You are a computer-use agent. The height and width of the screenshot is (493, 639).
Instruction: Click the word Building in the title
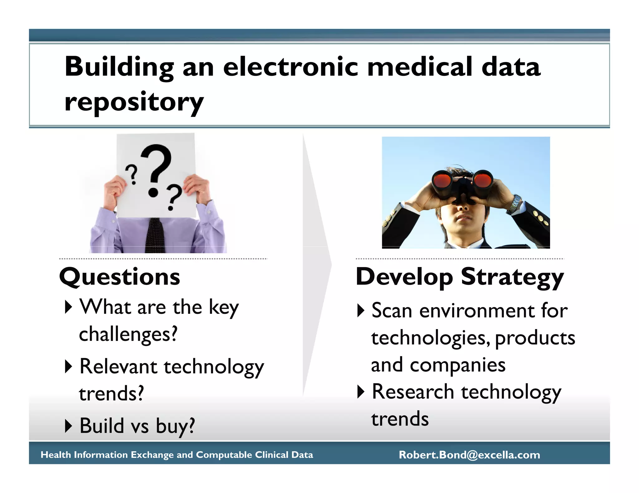click(119, 67)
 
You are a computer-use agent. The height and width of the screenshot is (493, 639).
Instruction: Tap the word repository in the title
click(134, 103)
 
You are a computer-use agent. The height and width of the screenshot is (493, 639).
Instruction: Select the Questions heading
click(120, 277)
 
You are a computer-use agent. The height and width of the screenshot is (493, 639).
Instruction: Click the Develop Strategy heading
click(460, 277)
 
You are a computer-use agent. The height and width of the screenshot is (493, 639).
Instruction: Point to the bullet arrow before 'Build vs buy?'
click(68, 426)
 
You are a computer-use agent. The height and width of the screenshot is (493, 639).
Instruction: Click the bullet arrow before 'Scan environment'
click(361, 310)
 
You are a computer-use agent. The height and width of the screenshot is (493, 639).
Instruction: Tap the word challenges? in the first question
click(128, 334)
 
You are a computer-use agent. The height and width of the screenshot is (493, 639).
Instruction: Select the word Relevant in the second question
click(118, 366)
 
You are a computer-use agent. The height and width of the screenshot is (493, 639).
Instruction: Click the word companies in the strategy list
click(457, 365)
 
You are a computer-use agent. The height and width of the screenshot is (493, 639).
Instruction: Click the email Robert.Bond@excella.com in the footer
click(469, 455)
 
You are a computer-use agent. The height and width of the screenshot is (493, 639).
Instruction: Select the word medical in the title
click(420, 67)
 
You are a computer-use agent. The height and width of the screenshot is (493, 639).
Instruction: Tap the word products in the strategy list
click(535, 338)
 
